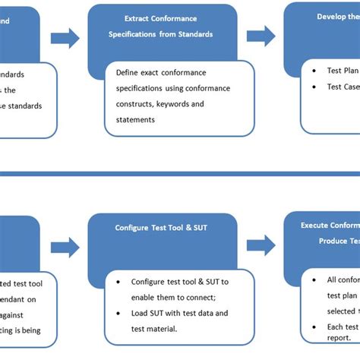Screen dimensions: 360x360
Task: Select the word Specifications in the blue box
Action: click(134, 34)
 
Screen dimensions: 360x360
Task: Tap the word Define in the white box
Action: click(130, 74)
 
